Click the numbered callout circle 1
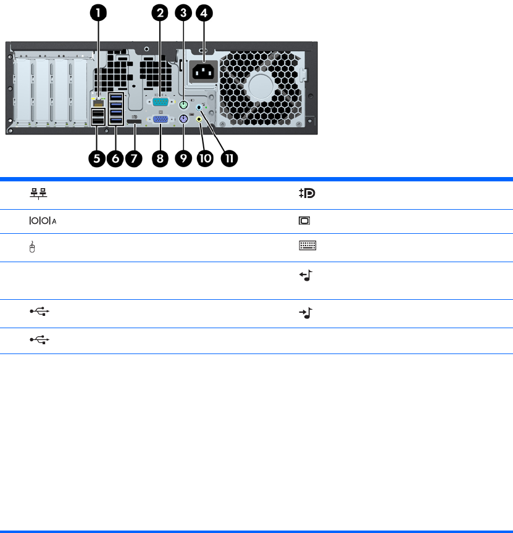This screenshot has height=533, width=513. pos(96,12)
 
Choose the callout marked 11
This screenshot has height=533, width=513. pos(229,158)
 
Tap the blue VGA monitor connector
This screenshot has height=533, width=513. pos(160,120)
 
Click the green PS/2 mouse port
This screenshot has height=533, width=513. pos(183,105)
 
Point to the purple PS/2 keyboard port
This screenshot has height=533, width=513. pos(183,120)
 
